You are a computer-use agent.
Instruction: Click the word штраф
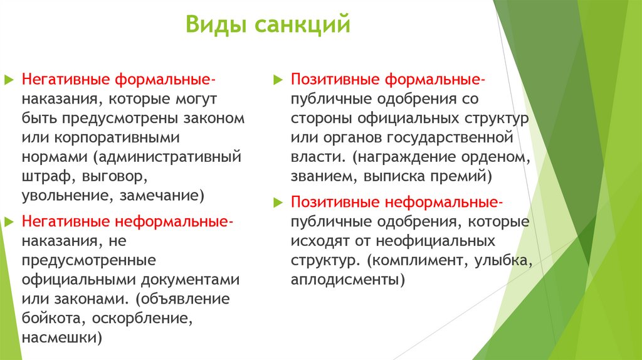point(43,176)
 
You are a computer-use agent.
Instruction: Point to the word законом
point(216,117)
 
